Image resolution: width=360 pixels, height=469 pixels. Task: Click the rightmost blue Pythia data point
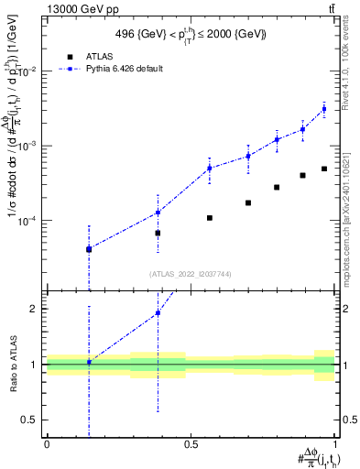(x=323, y=109)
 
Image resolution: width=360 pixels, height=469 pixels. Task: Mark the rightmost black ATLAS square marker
(x=323, y=169)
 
